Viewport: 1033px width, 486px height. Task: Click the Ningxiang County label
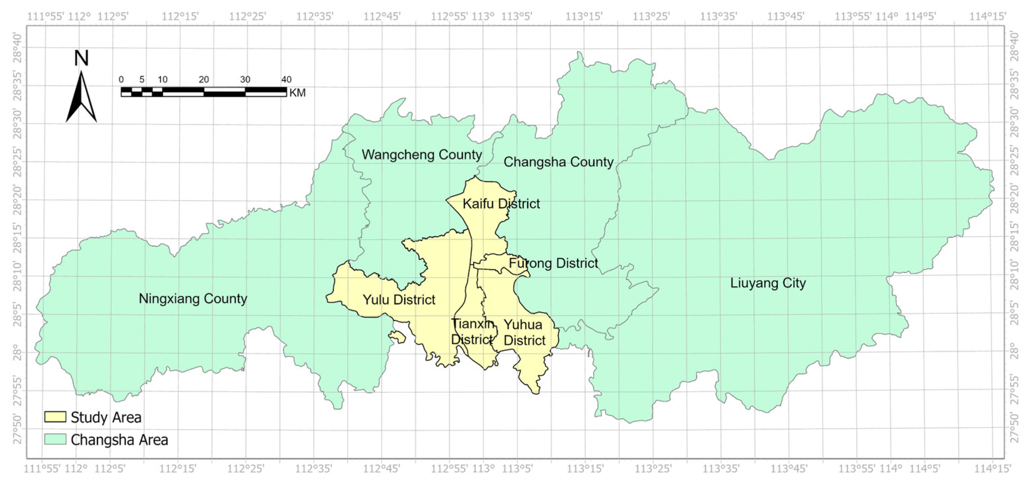click(x=193, y=298)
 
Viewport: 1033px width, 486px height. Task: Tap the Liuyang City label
click(x=768, y=283)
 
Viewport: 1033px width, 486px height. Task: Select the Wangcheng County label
click(x=421, y=155)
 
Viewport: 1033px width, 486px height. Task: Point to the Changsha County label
click(x=558, y=162)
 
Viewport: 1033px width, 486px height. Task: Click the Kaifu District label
click(x=501, y=204)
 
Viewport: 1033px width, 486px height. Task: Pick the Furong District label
click(x=553, y=263)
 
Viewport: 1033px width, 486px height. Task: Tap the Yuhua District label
click(x=524, y=332)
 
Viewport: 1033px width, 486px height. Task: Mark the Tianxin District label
click(x=472, y=331)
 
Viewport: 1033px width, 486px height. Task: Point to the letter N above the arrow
click(x=81, y=58)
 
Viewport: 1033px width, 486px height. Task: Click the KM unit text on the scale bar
click(x=297, y=93)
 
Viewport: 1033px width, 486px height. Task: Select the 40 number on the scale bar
click(x=286, y=79)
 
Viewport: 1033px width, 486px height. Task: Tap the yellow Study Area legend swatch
click(x=55, y=417)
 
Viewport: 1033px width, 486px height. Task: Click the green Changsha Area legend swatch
click(x=55, y=439)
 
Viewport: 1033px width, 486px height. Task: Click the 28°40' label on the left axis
click(x=18, y=47)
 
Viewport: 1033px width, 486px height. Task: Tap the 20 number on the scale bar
click(x=204, y=79)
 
